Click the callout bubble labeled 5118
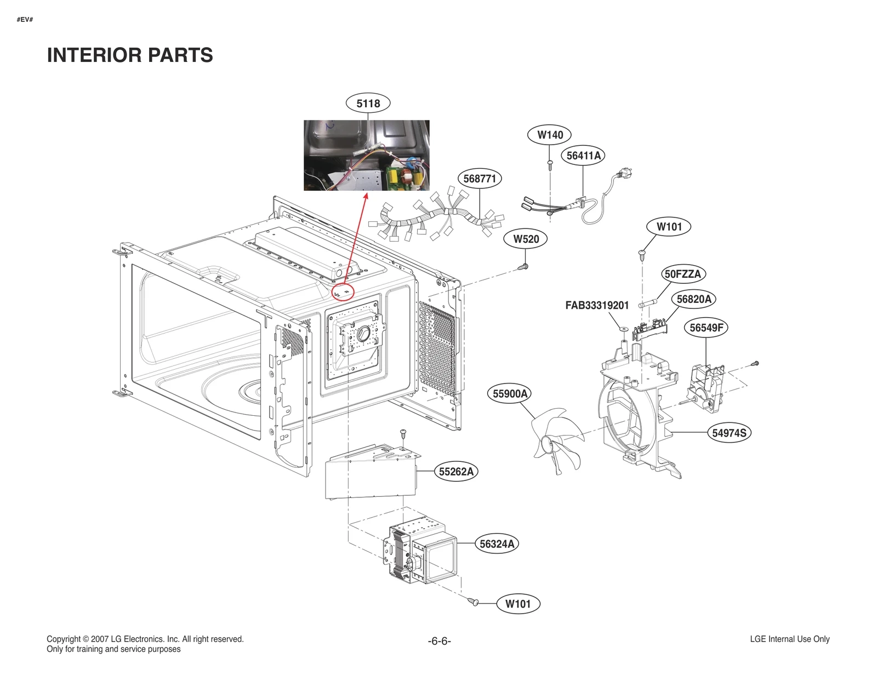point(368,103)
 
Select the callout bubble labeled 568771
point(480,179)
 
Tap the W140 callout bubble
point(550,135)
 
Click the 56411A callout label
point(584,156)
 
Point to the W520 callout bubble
point(526,239)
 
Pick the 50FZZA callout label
point(682,274)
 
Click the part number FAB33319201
point(597,306)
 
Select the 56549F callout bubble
point(706,328)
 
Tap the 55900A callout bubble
point(510,393)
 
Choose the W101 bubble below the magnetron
point(518,604)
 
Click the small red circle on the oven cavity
point(344,292)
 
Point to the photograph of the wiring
point(367,156)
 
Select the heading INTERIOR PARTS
point(130,55)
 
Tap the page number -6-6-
point(439,641)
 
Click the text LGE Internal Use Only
point(789,639)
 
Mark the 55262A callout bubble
point(457,471)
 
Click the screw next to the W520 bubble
point(523,267)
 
